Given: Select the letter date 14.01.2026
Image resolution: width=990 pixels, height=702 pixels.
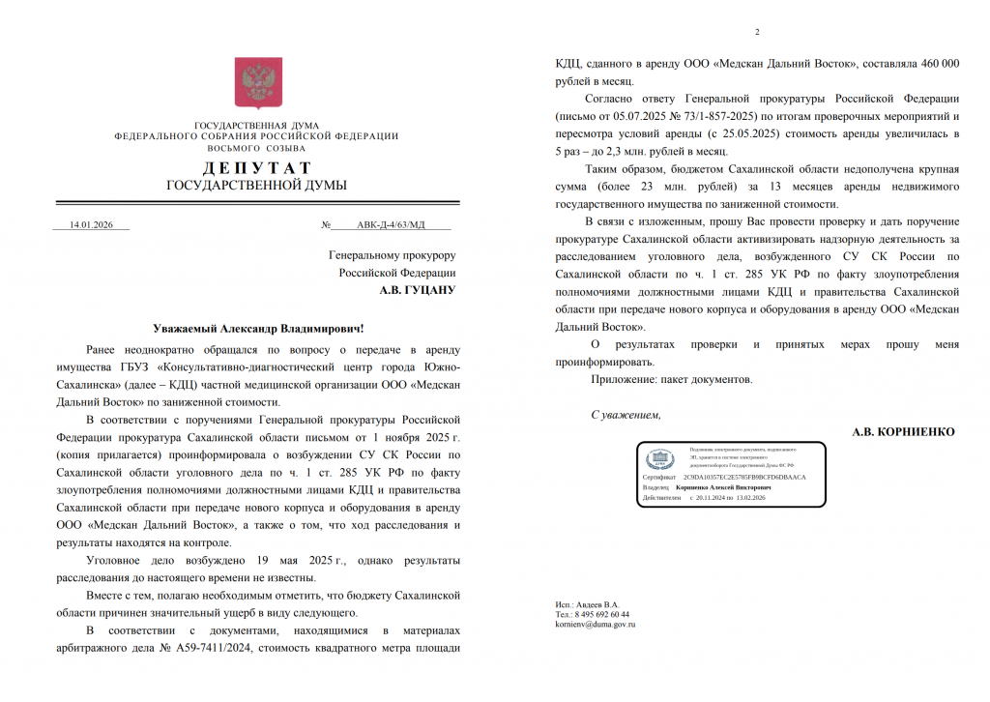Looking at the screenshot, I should (92, 224).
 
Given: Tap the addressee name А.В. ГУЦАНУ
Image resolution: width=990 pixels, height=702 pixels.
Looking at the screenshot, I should (417, 289).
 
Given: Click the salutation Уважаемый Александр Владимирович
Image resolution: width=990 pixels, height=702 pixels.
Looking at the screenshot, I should (259, 330).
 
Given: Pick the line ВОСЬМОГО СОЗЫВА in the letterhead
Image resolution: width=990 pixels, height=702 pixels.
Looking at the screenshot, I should (256, 148).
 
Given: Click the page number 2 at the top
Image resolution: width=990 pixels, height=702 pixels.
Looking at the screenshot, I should (757, 31).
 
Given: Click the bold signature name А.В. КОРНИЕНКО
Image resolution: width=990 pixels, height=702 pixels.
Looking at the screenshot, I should (903, 431).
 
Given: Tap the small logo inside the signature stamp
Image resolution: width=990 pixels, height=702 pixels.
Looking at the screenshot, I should (660, 458).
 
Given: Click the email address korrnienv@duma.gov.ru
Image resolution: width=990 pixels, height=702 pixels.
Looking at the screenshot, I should (595, 625).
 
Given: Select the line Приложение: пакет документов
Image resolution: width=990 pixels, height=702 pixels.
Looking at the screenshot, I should (671, 379).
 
